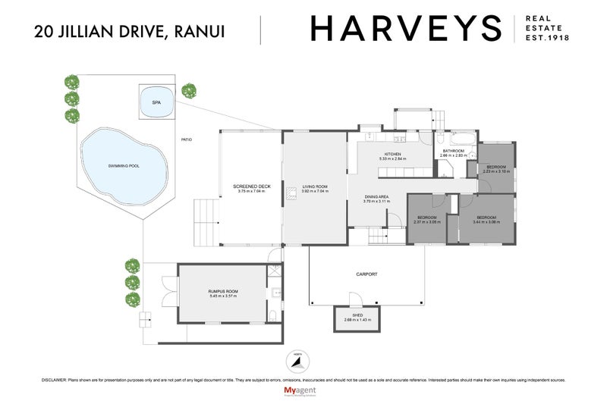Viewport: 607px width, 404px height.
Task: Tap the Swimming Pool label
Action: (x=124, y=165)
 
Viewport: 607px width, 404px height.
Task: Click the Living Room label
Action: (x=314, y=186)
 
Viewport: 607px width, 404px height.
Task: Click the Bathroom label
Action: (x=454, y=151)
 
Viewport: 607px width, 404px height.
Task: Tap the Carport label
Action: (x=366, y=274)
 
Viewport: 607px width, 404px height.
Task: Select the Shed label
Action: (x=357, y=315)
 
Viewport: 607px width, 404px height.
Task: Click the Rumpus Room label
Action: (x=223, y=291)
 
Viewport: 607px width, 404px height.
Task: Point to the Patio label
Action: (x=186, y=139)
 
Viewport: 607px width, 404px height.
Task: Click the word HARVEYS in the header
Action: (x=406, y=30)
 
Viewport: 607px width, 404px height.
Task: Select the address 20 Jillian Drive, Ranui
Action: (x=129, y=31)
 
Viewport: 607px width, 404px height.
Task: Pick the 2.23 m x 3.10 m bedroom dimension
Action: (x=497, y=171)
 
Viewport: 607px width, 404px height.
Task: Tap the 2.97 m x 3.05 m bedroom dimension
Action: (x=427, y=222)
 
